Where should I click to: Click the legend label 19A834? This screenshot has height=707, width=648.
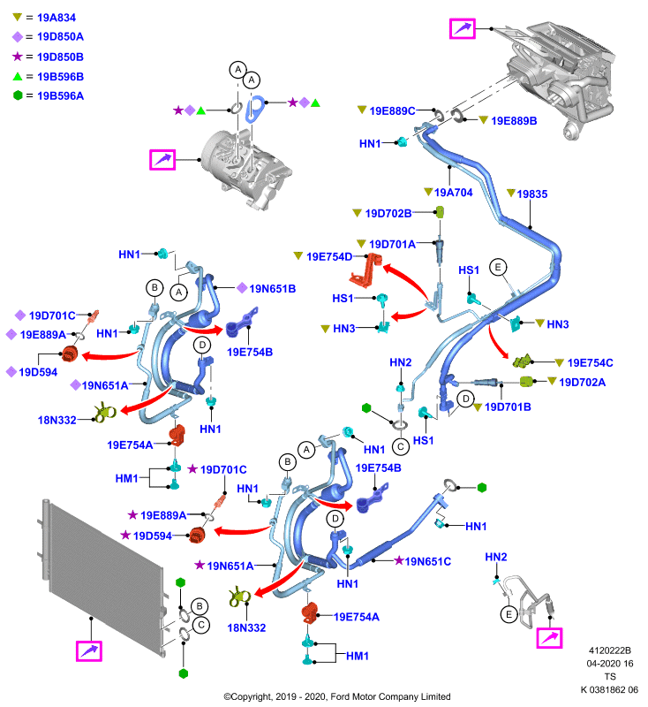tap(57, 18)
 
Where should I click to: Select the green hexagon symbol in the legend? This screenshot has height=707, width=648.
tap(18, 95)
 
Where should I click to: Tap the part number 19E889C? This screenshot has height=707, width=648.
tap(392, 111)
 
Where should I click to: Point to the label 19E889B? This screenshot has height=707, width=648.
tap(514, 121)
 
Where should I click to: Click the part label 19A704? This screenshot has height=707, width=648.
tap(454, 193)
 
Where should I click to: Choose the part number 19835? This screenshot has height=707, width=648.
tap(531, 194)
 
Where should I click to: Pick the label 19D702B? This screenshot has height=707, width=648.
tap(388, 213)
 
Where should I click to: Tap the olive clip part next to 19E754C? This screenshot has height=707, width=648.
tap(523, 361)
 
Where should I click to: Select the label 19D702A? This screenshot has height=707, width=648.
tap(583, 383)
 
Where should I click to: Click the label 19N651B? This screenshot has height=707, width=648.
tap(273, 289)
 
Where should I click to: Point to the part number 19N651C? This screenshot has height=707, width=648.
tap(428, 561)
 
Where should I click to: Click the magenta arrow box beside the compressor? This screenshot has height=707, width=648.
tap(162, 160)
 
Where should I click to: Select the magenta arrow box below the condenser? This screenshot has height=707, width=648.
tap(89, 650)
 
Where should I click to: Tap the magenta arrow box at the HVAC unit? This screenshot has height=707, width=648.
tap(463, 29)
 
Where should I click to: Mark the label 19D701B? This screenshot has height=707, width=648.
tap(508, 407)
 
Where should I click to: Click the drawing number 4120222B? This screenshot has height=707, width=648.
tap(610, 650)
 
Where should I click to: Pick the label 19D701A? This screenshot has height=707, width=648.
tap(392, 245)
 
